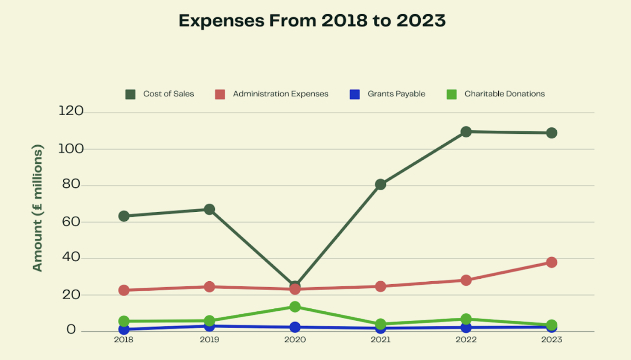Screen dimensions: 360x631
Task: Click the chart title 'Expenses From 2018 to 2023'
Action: (x=312, y=21)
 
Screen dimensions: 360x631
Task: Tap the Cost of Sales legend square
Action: (x=130, y=94)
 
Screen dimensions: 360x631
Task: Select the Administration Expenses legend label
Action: (x=281, y=94)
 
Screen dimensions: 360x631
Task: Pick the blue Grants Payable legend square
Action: (x=355, y=94)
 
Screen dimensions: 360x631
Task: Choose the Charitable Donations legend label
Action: (x=505, y=94)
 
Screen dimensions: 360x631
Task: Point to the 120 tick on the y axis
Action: (x=71, y=112)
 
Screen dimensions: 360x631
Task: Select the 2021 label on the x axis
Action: (x=380, y=340)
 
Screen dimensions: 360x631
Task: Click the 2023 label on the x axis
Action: (x=551, y=340)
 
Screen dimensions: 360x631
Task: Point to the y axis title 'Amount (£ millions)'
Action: (x=38, y=208)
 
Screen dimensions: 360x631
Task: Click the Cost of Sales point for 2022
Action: (x=466, y=132)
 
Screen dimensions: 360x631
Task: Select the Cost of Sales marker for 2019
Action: (x=209, y=210)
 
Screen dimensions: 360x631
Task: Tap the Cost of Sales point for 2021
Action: (x=380, y=184)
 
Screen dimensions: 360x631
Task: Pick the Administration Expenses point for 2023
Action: (x=551, y=262)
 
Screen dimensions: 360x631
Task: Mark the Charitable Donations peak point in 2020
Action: (x=295, y=307)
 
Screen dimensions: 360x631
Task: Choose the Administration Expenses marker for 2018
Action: (x=124, y=290)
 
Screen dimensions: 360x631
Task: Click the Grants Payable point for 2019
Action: (x=209, y=326)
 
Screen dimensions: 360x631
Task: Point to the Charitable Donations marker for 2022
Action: (x=466, y=319)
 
